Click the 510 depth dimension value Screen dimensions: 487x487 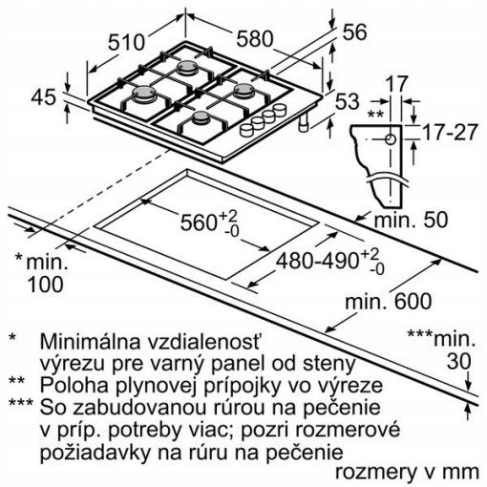126,42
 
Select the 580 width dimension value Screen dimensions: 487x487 255,39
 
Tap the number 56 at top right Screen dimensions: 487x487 354,32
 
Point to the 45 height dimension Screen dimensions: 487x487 44,96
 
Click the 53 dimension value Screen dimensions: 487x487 348,101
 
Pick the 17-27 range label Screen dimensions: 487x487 450,132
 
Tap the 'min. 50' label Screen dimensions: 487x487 411,220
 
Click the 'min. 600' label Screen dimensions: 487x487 389,301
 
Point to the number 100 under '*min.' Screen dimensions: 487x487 46,284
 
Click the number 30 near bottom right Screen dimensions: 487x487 458,361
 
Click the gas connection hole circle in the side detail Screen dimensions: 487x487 391,139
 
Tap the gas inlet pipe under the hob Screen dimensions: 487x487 304,122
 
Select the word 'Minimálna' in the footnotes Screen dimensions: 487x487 90,342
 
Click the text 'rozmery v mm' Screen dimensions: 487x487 407,472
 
